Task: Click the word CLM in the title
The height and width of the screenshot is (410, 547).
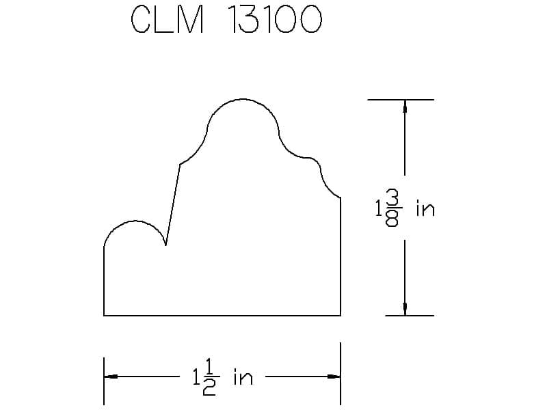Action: pos(168,20)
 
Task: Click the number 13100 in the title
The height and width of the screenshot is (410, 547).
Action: pos(275,20)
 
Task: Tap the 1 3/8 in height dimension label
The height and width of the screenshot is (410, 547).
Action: pos(405,208)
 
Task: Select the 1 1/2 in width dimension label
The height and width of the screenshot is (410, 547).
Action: pos(223,378)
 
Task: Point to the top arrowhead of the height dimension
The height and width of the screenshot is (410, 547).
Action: pos(405,106)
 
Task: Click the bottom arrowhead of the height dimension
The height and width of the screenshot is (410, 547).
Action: pos(405,309)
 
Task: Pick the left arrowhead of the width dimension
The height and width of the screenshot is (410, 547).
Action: pos(111,377)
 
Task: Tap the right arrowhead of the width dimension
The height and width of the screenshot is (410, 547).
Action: pos(334,377)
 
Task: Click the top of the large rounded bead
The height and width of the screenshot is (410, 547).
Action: pos(243,99)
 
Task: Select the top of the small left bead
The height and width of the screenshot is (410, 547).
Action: pos(135,221)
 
